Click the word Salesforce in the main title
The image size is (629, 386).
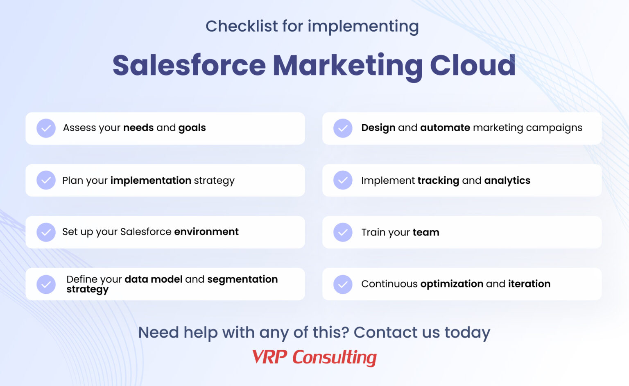(x=189, y=65)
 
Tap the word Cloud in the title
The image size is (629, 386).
(x=473, y=65)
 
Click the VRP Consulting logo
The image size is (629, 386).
(x=314, y=357)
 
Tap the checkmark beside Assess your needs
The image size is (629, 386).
(x=46, y=128)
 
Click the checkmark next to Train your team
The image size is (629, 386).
(x=343, y=232)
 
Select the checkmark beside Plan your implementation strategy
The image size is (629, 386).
(x=46, y=180)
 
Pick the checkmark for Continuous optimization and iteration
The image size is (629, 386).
(x=343, y=284)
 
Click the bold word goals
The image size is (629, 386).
(x=192, y=128)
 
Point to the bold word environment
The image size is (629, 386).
(x=206, y=232)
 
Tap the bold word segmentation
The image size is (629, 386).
(x=242, y=279)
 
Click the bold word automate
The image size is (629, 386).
(x=445, y=128)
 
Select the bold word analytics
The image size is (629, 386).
(x=507, y=180)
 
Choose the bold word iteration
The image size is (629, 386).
(x=529, y=284)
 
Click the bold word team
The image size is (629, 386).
(x=425, y=233)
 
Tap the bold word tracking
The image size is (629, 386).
(x=438, y=180)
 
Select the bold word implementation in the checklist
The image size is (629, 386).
(x=151, y=180)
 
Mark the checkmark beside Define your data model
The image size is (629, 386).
(x=46, y=284)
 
